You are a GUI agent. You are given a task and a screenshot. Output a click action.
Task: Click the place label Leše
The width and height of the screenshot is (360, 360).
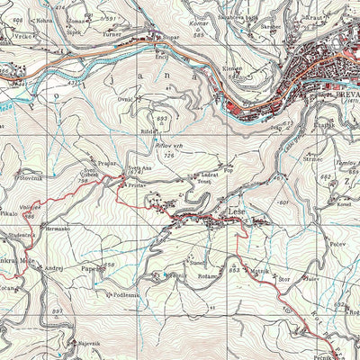click(x=238, y=212)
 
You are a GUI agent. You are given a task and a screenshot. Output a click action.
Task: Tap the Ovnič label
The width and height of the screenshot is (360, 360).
click(x=126, y=97)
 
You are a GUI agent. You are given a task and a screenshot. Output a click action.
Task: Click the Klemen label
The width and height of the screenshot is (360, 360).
click(x=232, y=68)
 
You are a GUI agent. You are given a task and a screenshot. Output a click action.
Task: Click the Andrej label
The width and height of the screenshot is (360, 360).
click(x=54, y=268)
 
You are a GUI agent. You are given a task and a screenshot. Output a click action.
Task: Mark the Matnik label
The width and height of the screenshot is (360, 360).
click(x=261, y=269)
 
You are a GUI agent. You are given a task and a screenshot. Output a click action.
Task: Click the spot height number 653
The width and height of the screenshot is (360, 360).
click(x=234, y=270)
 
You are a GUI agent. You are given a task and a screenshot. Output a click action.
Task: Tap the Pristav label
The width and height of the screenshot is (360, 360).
click(x=137, y=184)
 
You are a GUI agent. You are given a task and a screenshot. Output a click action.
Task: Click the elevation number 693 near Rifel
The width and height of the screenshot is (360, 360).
click(x=162, y=118)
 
